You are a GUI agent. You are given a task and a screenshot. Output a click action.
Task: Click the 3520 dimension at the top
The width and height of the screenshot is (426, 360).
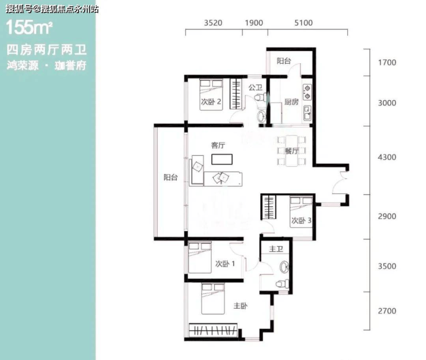coord(213,23)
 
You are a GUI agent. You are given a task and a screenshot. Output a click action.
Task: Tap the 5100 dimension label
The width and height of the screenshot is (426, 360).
coord(303,23)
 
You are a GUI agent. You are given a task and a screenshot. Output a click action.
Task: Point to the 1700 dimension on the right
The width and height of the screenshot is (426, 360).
coord(387,63)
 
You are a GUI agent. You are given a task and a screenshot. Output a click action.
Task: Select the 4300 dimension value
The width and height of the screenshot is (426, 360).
coord(387,157)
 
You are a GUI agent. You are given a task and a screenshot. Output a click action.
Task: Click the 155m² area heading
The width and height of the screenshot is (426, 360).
coord(29,28)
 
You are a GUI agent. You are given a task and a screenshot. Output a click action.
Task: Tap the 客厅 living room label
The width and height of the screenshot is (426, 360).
coord(218,145)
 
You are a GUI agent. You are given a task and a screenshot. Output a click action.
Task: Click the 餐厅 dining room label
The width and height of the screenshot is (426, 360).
coord(292,151)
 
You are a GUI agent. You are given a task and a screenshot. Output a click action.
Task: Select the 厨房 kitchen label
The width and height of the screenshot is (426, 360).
coord(291,102)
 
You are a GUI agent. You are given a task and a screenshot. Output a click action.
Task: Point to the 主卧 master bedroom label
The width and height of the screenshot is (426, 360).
coord(241,306)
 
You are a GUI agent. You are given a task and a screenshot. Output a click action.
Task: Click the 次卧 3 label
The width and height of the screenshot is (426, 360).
coord(301,220)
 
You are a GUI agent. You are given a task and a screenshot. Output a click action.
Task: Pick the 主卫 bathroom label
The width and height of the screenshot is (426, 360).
coord(276,248)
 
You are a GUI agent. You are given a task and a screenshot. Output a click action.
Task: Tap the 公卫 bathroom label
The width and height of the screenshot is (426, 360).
coord(256,87)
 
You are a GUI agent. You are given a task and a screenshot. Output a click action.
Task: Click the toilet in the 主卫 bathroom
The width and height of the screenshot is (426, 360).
coord(283,284)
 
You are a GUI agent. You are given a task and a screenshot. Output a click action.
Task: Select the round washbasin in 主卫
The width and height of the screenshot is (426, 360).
coord(284,267)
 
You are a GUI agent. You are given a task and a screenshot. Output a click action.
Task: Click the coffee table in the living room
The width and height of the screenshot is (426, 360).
coord(222,159)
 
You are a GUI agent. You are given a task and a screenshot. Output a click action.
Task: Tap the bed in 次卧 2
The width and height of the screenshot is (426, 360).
coord(211,94)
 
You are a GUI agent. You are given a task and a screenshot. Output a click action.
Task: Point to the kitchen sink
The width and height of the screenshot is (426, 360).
coord(307,113)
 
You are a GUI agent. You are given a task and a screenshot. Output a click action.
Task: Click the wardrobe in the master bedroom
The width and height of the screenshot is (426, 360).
coord(213,330)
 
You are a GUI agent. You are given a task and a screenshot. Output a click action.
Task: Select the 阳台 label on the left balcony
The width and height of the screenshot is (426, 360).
coord(170,178)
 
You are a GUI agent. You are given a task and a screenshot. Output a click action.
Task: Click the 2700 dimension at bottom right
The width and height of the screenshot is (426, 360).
coord(387,311)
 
